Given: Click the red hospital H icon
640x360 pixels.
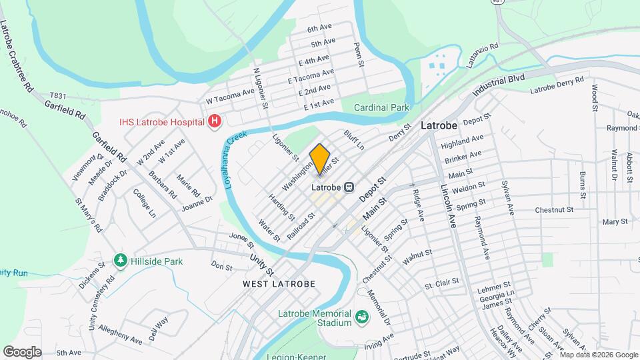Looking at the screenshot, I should coord(215,121).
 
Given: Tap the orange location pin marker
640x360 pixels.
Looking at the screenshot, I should coord(320,160).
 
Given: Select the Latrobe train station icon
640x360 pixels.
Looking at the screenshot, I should coord(349,187).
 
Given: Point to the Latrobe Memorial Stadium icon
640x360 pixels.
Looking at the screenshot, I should coord(361,315).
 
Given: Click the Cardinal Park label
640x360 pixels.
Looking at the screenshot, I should coord(381,107).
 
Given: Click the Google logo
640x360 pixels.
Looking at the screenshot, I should coord(22,351).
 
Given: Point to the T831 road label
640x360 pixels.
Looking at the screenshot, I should coord(59,96).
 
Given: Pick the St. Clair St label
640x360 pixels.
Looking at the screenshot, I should coord(442,284).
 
